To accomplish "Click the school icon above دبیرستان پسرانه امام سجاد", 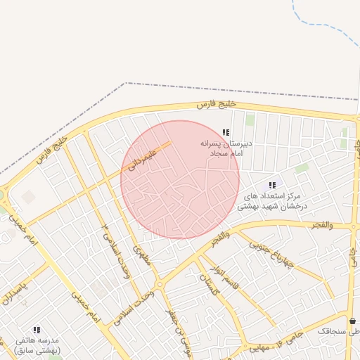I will [x=226, y=132].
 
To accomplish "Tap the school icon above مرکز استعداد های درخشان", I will [x=272, y=185].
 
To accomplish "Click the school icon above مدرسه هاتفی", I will [x=37, y=329].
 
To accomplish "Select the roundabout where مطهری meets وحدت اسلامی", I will [x=160, y=285].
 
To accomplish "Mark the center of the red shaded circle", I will [x=180, y=179].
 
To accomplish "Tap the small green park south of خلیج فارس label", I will [x=250, y=120].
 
